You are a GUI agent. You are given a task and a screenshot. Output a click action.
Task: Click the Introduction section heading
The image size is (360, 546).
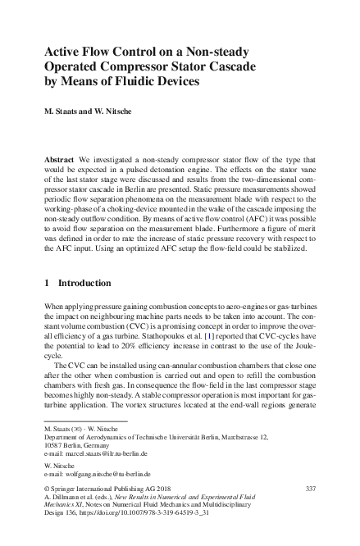coord(80,283)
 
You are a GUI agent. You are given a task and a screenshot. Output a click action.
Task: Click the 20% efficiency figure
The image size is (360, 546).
coord(127,345)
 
